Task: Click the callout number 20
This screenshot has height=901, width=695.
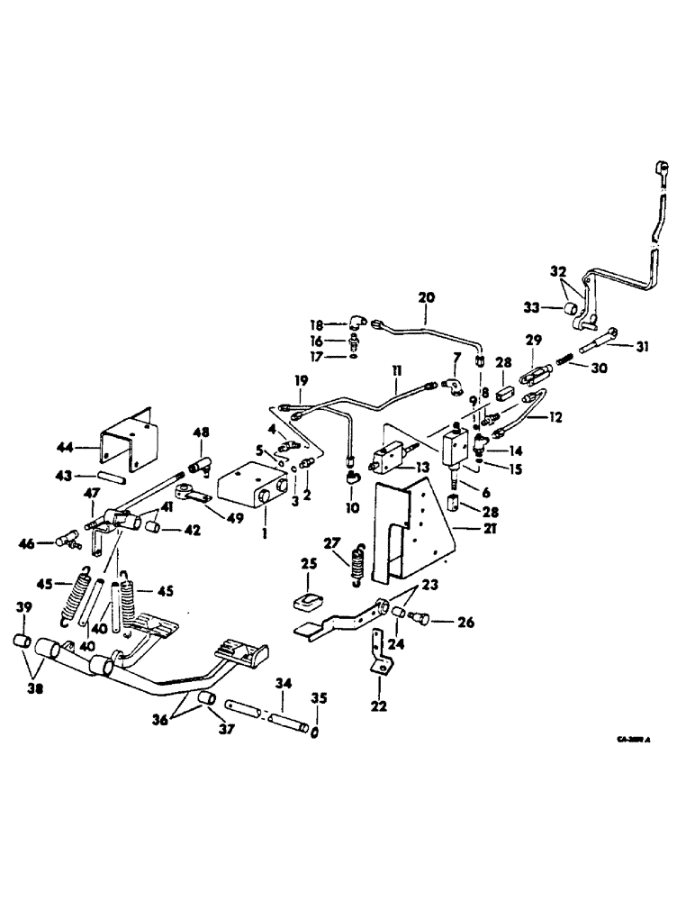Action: click(427, 296)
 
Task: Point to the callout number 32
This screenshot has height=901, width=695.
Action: click(557, 271)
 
